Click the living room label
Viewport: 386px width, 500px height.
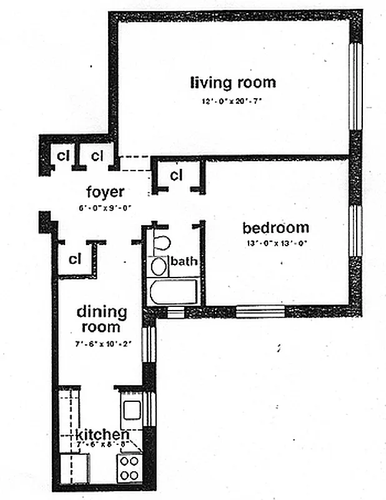233,82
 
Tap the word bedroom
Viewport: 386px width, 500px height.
275,227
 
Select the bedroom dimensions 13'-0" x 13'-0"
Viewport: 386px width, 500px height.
275,243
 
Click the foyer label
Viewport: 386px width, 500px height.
105,192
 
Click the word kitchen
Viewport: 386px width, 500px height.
103,434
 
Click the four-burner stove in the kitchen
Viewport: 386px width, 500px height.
129,468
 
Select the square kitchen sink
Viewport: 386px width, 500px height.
132,410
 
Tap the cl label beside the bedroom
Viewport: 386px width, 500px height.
176,174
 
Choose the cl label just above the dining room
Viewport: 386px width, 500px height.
76,258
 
